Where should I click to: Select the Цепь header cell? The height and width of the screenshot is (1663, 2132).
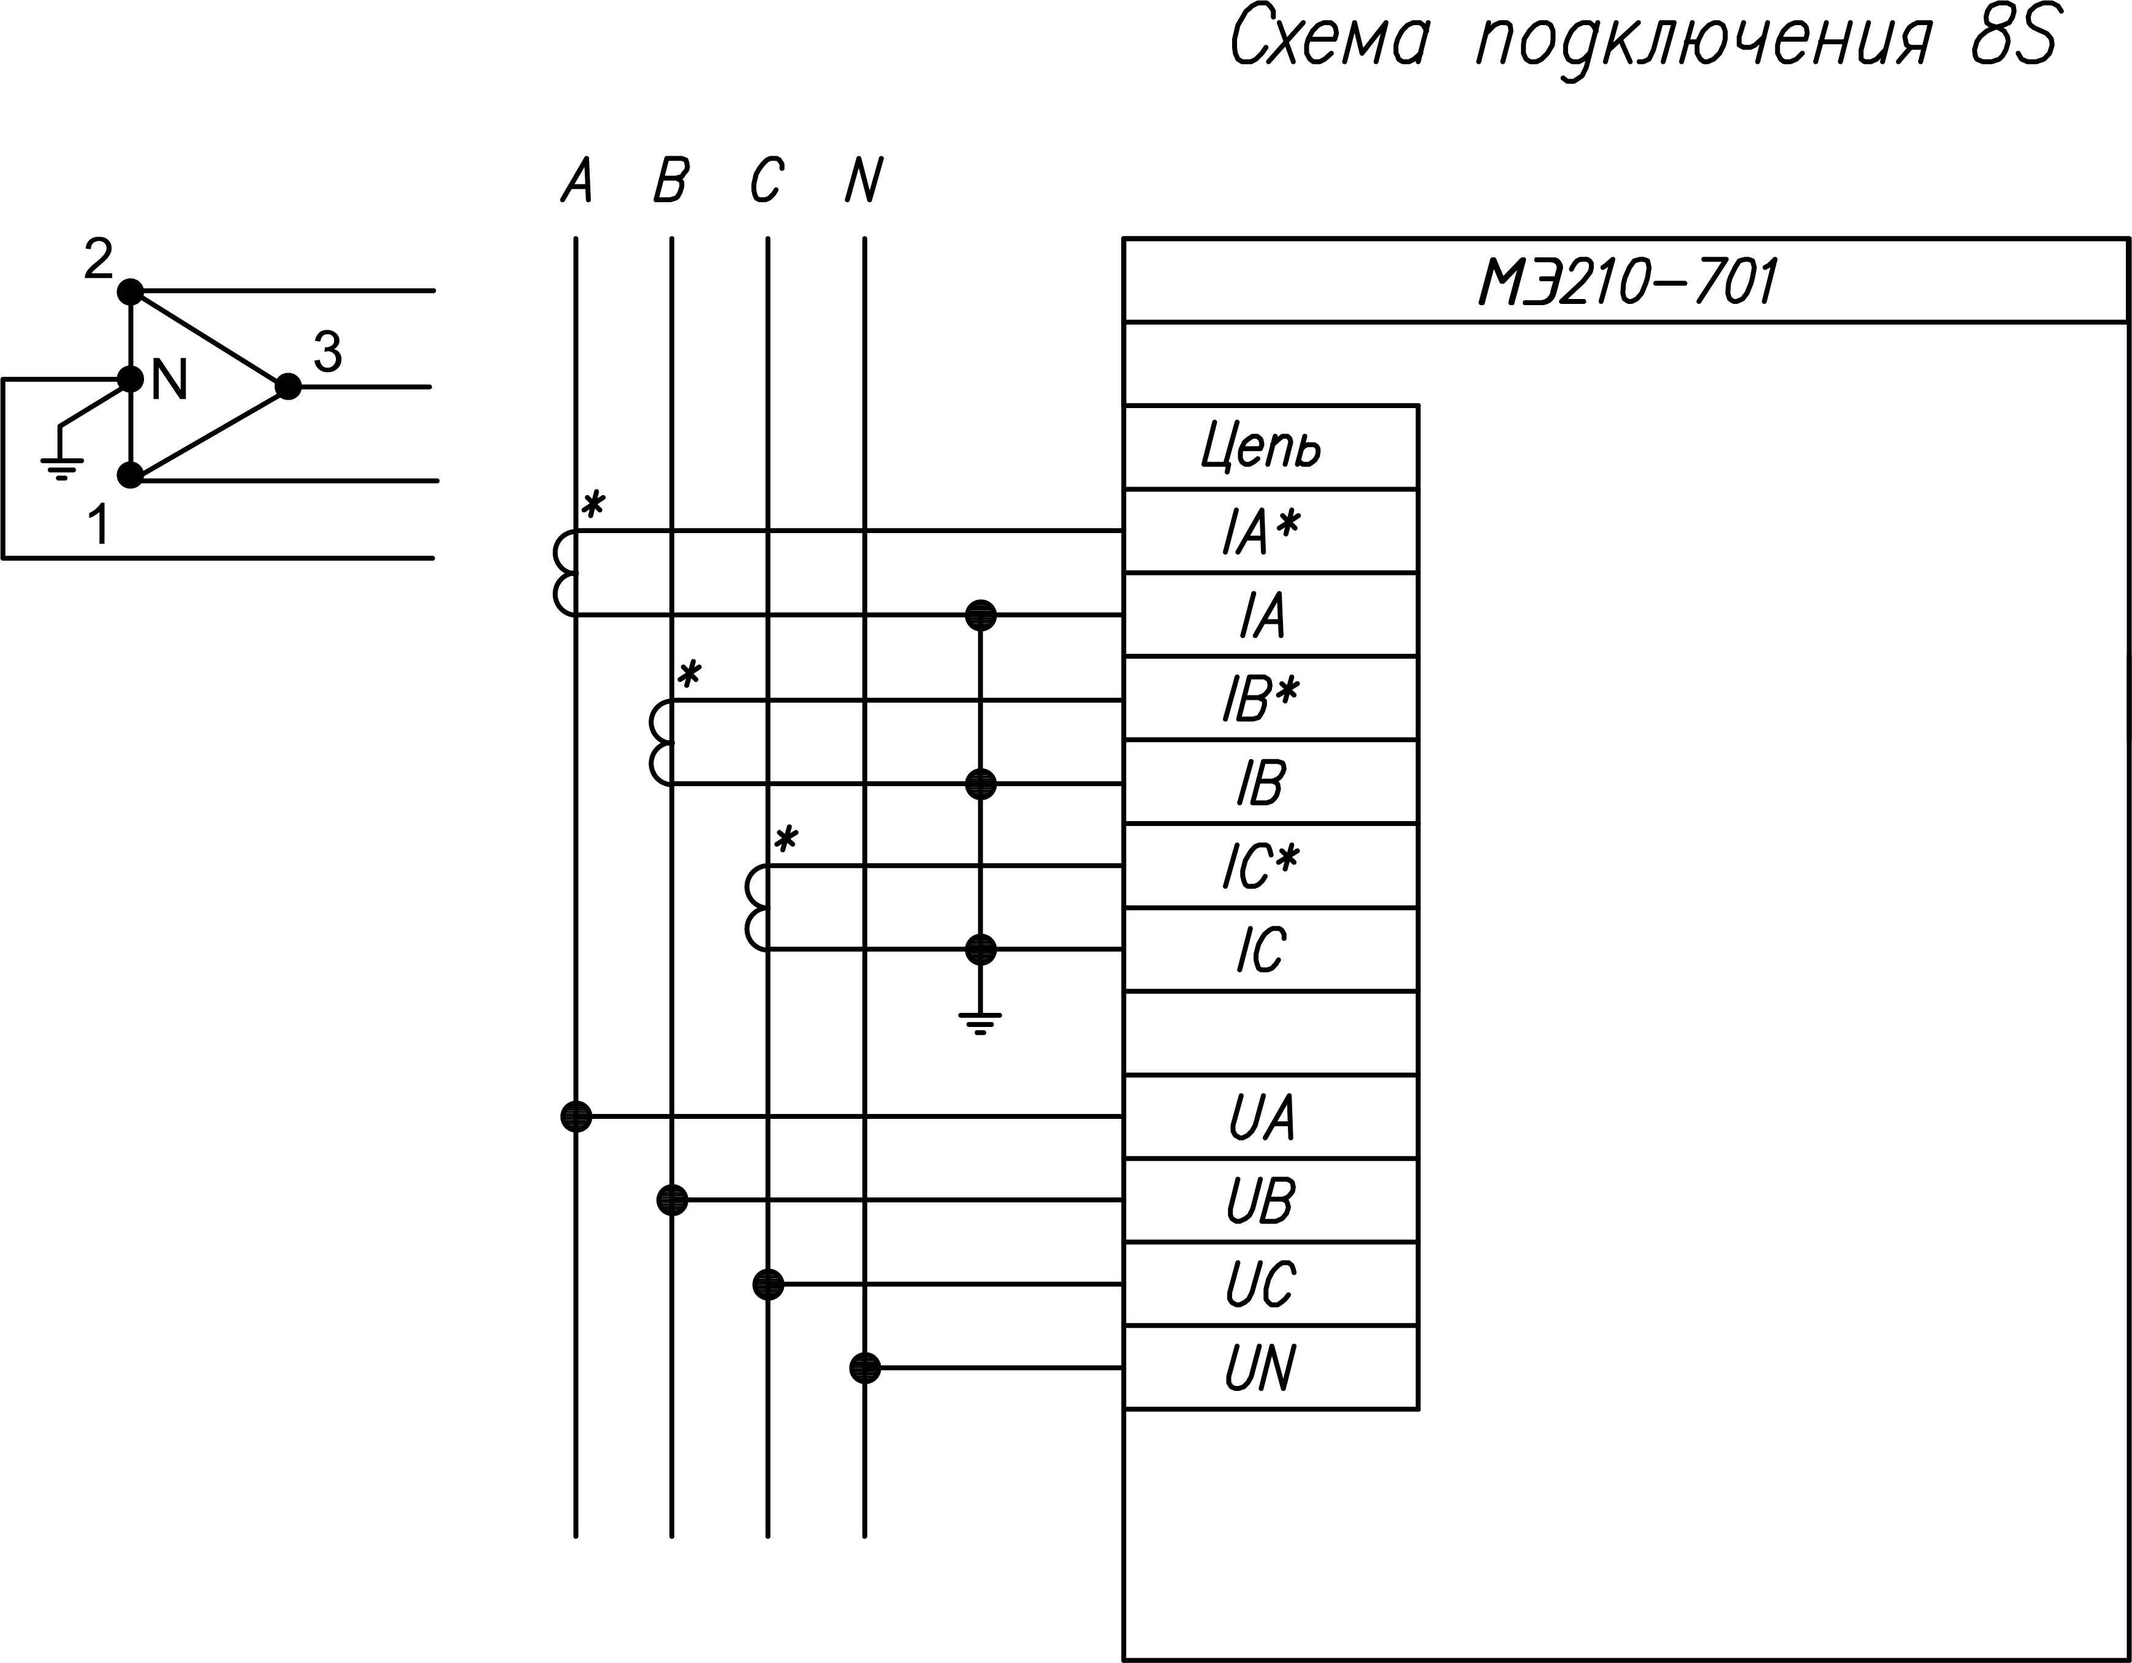(x=1261, y=447)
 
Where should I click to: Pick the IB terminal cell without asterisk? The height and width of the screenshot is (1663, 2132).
(x=1261, y=782)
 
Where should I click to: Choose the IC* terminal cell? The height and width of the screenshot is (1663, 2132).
(x=1261, y=866)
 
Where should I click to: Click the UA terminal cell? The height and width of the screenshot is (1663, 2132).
(x=1261, y=1116)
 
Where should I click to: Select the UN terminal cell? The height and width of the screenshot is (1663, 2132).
(x=1261, y=1367)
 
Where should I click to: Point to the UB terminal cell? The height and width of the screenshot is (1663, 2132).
(x=1261, y=1200)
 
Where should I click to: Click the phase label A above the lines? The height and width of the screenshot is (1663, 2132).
(x=577, y=181)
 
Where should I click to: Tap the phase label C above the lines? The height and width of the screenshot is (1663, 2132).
(x=767, y=181)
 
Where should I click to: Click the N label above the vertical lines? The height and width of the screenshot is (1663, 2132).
(x=864, y=181)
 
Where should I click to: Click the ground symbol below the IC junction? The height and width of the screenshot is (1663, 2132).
(x=980, y=1022)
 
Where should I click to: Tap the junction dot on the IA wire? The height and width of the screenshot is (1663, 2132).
(x=980, y=615)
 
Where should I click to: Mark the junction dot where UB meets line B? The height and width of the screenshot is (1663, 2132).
(x=672, y=1199)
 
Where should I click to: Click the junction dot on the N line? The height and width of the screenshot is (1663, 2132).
(x=865, y=1367)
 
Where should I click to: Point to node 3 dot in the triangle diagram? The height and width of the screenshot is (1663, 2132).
(x=288, y=387)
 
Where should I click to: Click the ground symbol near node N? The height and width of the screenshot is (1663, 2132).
(x=61, y=469)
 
